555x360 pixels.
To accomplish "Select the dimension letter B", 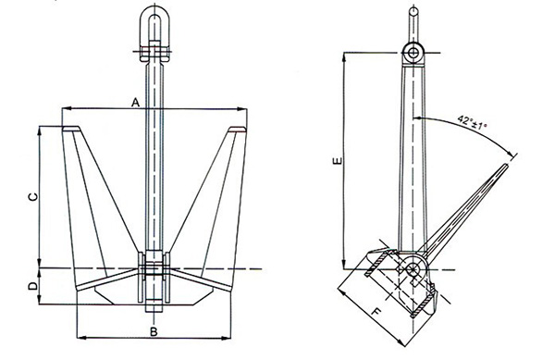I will (154, 330).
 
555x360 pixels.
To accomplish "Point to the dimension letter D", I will (32, 288).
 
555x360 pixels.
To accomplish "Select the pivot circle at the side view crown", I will (413, 269).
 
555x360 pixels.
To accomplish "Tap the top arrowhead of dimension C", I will (40, 129).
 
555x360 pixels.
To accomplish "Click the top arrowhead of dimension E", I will (344, 55).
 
